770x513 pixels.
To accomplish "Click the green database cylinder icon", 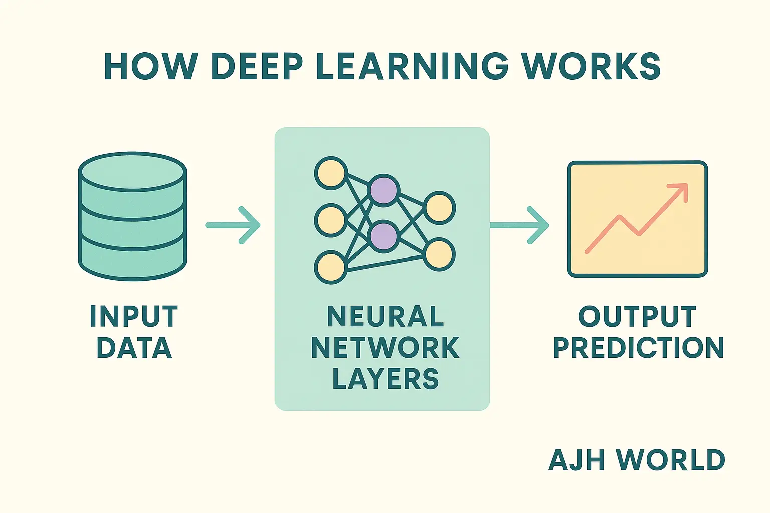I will [133, 216].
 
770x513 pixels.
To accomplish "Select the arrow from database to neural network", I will [233, 225].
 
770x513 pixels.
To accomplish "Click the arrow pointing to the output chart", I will [519, 225].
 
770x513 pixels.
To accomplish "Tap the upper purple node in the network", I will [383, 190].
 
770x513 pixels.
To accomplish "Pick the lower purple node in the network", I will [383, 236].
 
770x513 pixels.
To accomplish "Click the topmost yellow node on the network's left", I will [330, 173].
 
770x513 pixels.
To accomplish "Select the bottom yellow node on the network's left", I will [330, 267].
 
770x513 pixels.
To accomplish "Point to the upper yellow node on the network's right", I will [439, 207].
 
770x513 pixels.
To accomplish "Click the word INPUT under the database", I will [133, 317].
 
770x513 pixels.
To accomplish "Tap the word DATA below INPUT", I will [134, 348].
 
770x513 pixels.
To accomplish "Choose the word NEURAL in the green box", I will [385, 317].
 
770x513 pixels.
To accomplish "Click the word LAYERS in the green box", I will [385, 379].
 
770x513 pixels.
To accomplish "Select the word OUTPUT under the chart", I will [637, 317].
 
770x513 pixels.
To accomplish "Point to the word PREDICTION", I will [638, 348].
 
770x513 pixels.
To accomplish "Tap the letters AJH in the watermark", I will [577, 460].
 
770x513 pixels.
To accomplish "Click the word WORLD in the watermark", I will [670, 460].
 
